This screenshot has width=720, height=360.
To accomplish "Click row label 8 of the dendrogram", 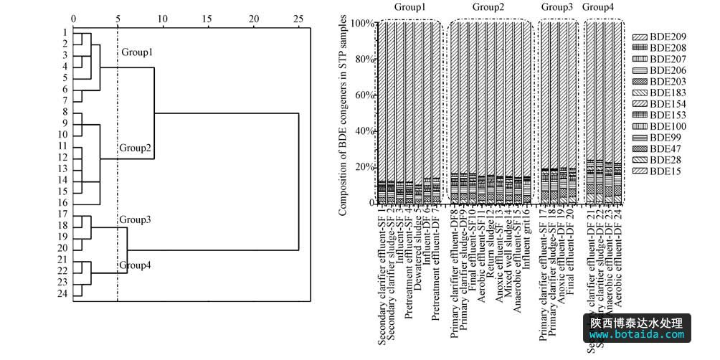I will (x=65, y=112).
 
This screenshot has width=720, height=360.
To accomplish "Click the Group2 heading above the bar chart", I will (x=489, y=7).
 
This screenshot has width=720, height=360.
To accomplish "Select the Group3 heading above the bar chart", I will (x=557, y=7).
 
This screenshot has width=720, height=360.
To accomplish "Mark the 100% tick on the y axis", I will (x=362, y=23).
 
